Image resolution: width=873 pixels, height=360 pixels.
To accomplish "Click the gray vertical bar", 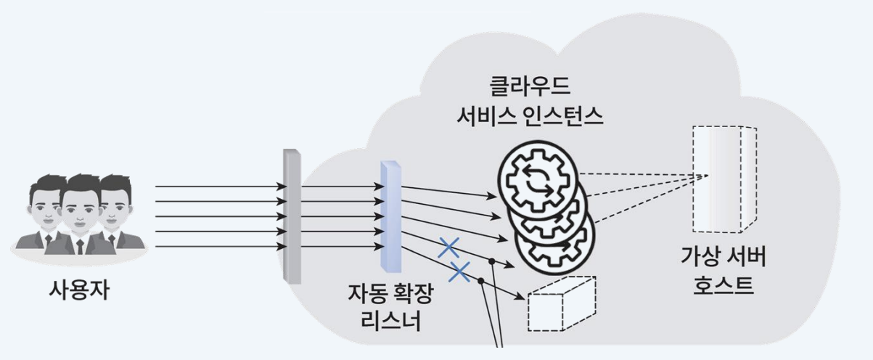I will click(x=291, y=216).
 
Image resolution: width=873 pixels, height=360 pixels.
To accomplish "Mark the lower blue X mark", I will click(x=459, y=272).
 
